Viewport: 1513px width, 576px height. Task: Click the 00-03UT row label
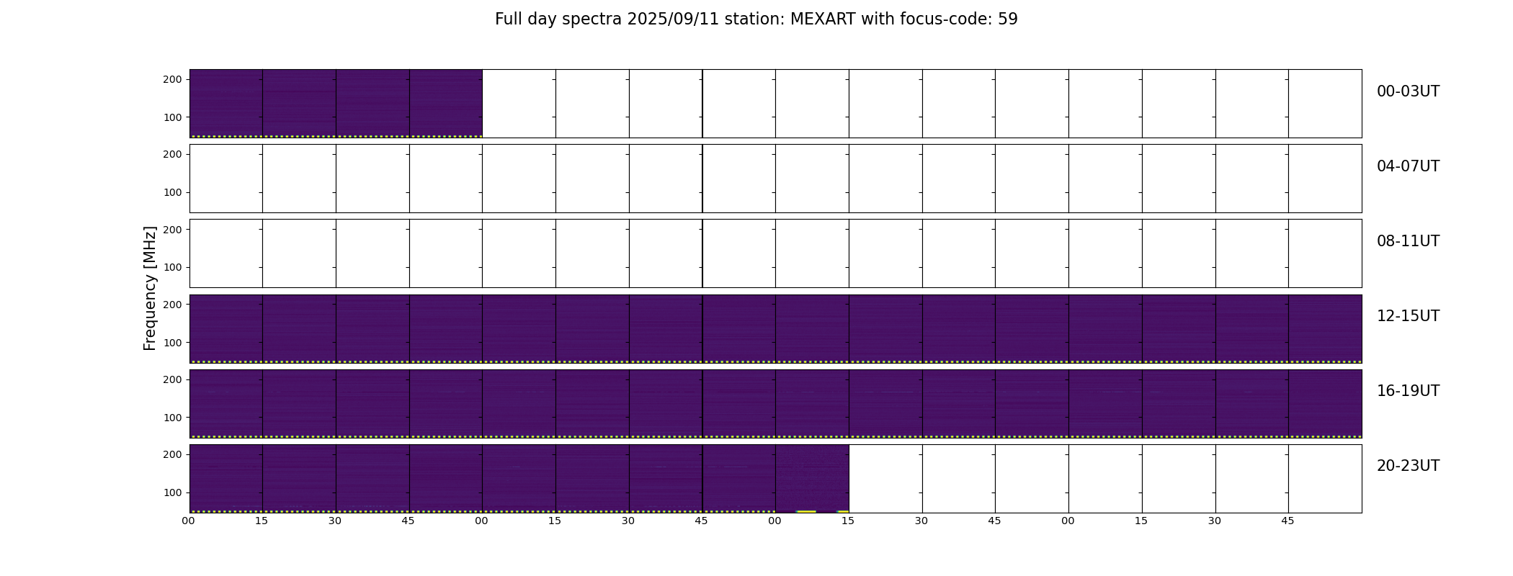click(x=1408, y=91)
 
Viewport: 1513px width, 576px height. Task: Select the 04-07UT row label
click(x=1408, y=166)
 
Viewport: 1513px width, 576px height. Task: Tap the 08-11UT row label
click(x=1408, y=241)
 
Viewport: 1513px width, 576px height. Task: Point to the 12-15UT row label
click(x=1408, y=316)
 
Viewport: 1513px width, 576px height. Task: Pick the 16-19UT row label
click(x=1408, y=391)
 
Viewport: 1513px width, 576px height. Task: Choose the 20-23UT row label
click(x=1408, y=466)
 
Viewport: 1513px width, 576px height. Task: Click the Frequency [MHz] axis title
click(x=150, y=288)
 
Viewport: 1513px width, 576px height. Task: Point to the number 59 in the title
click(x=1008, y=19)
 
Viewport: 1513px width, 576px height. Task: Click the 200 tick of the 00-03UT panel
click(x=172, y=79)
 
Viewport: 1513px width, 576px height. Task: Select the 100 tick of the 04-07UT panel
click(x=172, y=192)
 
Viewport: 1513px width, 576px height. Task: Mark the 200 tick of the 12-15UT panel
click(x=172, y=305)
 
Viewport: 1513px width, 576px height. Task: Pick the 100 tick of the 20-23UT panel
click(x=172, y=492)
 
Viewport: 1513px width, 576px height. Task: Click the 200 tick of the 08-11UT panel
click(x=172, y=229)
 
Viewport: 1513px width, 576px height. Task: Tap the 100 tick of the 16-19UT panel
click(x=172, y=418)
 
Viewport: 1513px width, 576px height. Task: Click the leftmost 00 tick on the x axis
click(x=188, y=521)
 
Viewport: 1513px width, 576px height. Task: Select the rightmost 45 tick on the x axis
click(x=1287, y=521)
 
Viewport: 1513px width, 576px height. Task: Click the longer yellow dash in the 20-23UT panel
click(x=806, y=511)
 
